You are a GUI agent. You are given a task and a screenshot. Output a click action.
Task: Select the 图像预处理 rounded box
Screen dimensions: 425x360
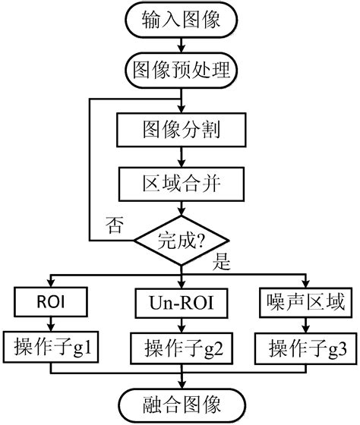click(x=181, y=71)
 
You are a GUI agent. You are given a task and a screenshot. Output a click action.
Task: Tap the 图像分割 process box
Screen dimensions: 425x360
click(x=181, y=131)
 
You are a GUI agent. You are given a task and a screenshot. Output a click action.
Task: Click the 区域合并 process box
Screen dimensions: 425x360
click(x=181, y=182)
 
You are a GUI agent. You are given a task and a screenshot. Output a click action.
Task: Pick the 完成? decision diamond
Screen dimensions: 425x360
click(x=181, y=241)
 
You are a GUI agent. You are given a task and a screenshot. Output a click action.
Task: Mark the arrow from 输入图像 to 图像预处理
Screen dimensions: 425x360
click(x=181, y=46)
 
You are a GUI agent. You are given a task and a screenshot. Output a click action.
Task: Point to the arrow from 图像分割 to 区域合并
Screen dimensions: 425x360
click(x=181, y=156)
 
